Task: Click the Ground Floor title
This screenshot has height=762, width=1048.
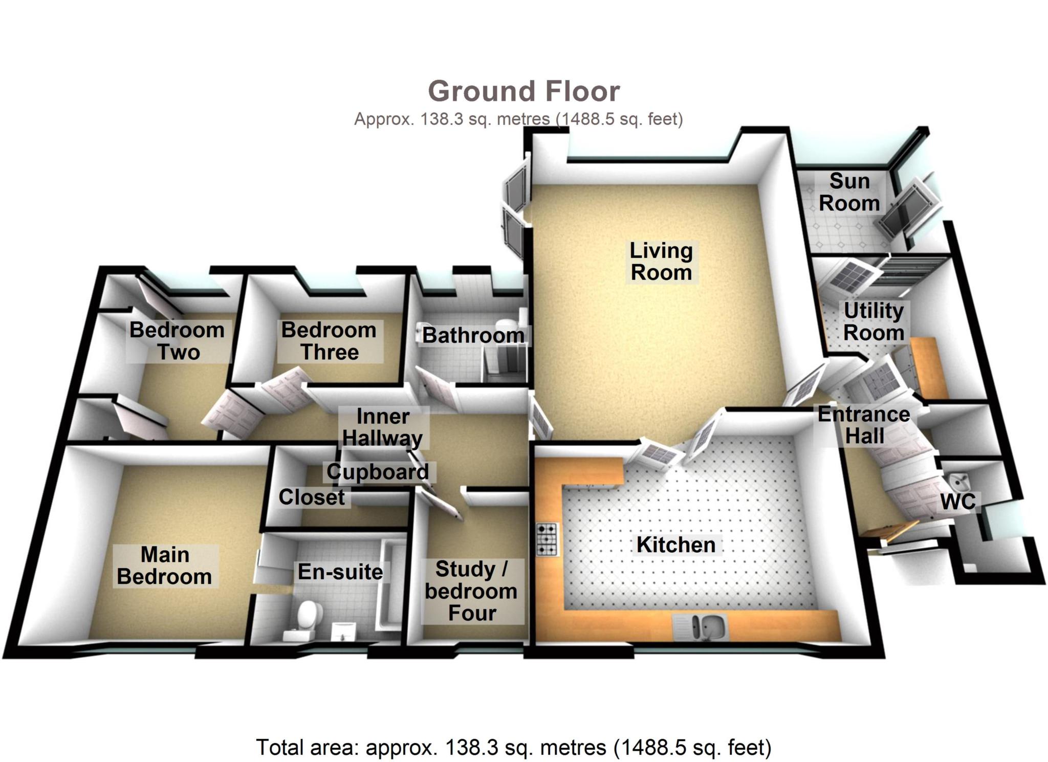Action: (x=523, y=92)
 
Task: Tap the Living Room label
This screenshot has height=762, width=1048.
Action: (x=661, y=262)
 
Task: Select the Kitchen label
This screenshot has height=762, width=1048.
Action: (x=675, y=545)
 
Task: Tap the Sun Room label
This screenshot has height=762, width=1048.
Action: (x=849, y=192)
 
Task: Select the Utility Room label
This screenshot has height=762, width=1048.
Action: (x=874, y=321)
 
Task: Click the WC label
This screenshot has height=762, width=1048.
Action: (x=958, y=502)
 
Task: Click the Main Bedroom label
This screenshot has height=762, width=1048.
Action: (x=165, y=565)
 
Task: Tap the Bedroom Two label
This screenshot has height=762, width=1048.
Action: (x=177, y=341)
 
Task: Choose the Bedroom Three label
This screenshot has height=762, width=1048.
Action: (x=329, y=341)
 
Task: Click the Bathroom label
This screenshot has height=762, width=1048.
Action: (x=473, y=336)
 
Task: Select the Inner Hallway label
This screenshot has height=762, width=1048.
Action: (x=383, y=427)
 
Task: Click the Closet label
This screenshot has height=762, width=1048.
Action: (x=312, y=497)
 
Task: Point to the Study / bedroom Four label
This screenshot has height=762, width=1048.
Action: (x=471, y=591)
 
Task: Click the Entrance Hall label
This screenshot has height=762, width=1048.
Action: (x=864, y=425)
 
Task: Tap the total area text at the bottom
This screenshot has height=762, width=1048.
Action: (x=513, y=747)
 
